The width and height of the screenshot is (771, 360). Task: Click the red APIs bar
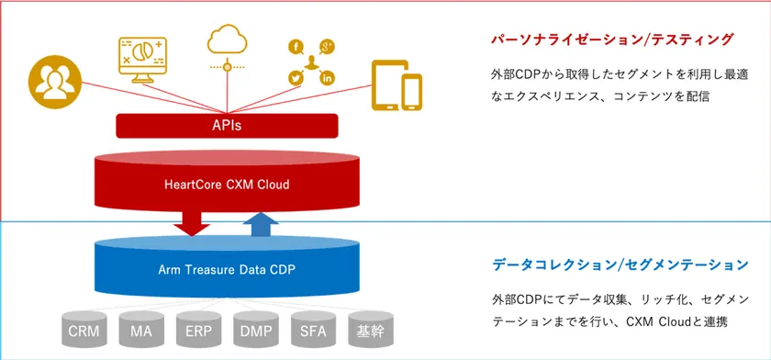pyautogui.click(x=227, y=126)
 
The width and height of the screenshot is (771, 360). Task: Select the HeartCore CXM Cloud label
pyautogui.click(x=227, y=185)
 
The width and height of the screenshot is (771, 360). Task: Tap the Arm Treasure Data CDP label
pyautogui.click(x=227, y=269)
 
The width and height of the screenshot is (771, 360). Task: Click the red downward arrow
pyautogui.click(x=192, y=223)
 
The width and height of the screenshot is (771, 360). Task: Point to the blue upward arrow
pyautogui.click(x=261, y=224)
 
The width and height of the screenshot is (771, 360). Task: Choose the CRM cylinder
pyautogui.click(x=84, y=329)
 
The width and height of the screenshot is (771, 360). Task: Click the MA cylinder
pyautogui.click(x=141, y=329)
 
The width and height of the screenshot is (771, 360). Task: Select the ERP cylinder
pyautogui.click(x=198, y=329)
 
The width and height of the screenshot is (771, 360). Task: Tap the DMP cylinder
pyautogui.click(x=256, y=329)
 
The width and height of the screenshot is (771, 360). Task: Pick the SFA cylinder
pyautogui.click(x=313, y=329)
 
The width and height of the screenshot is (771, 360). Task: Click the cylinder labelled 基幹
pyautogui.click(x=370, y=329)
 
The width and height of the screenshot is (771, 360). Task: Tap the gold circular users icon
pyautogui.click(x=54, y=82)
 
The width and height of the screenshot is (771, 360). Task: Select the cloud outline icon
pyautogui.click(x=227, y=39)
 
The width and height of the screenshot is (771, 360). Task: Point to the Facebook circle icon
pyautogui.click(x=296, y=47)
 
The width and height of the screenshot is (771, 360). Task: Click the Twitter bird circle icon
pyautogui.click(x=296, y=78)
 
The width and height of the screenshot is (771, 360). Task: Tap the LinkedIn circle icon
pyautogui.click(x=327, y=78)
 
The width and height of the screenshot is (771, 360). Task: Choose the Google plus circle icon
pyautogui.click(x=327, y=47)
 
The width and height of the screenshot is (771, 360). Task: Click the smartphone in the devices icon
pyautogui.click(x=411, y=92)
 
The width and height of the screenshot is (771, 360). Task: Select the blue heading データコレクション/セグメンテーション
pyautogui.click(x=620, y=264)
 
